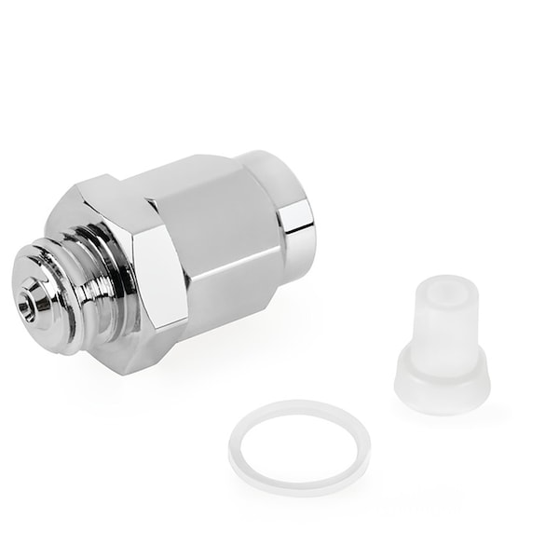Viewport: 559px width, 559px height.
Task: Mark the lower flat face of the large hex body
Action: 238,298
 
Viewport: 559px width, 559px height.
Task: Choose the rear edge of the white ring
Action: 299,407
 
